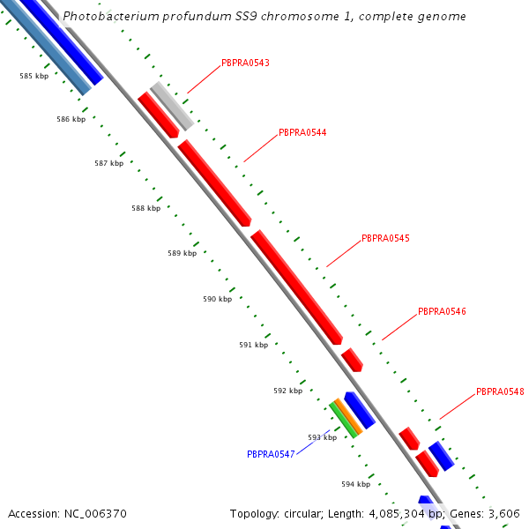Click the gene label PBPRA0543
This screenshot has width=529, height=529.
[x=245, y=63]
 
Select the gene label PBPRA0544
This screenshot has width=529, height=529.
[x=302, y=133]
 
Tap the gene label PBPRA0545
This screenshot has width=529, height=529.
[x=385, y=239]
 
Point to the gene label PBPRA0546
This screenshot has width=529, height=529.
[x=442, y=312]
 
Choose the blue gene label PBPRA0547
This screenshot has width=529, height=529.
[x=271, y=455]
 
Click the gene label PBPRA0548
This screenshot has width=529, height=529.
[x=500, y=392]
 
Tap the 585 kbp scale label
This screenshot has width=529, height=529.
[x=34, y=77]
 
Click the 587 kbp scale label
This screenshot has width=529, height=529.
[x=108, y=164]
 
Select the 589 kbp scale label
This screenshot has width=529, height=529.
[x=182, y=254]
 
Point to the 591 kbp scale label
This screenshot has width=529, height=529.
[x=253, y=346]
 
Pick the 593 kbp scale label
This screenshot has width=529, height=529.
[x=322, y=437]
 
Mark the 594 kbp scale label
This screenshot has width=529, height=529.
[x=355, y=485]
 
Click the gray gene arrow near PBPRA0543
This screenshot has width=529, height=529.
[x=172, y=106]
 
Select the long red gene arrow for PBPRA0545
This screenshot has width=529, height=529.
[x=297, y=287]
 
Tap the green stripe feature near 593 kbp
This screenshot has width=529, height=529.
[x=342, y=420]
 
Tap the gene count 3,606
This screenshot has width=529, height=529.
[x=504, y=514]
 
